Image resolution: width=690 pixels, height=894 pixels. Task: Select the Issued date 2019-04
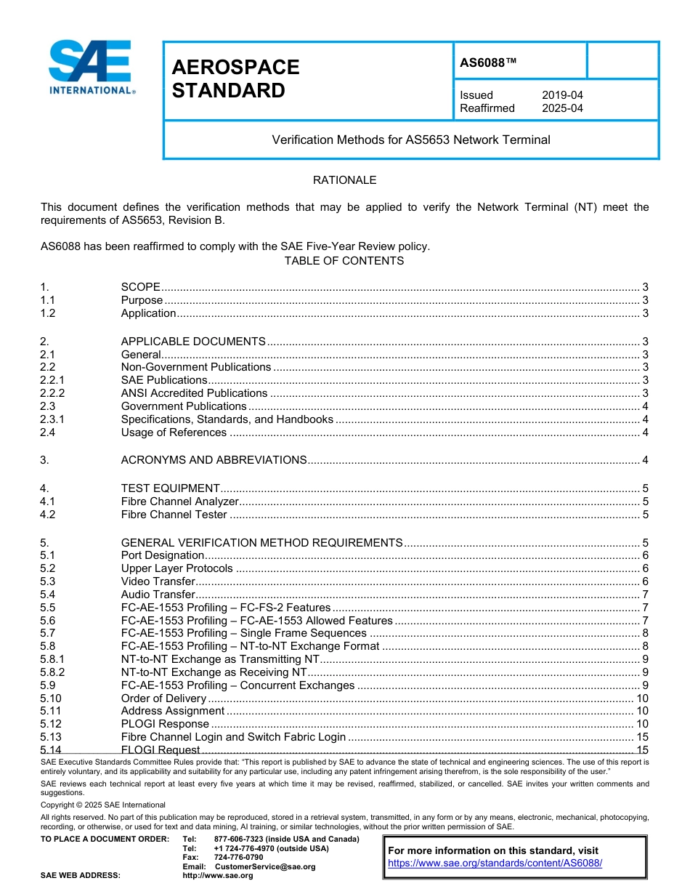pyautogui.click(x=562, y=95)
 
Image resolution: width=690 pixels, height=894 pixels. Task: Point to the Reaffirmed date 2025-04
pyautogui.click(x=562, y=108)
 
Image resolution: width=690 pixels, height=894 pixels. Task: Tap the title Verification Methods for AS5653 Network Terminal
pyautogui.click(x=411, y=140)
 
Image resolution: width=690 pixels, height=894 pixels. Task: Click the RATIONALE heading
pyautogui.click(x=344, y=180)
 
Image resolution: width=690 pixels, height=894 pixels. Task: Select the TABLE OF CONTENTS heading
pyautogui.click(x=344, y=261)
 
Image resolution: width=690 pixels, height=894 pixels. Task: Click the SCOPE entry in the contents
pyautogui.click(x=140, y=287)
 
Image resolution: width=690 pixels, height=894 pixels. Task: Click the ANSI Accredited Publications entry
pyautogui.click(x=194, y=393)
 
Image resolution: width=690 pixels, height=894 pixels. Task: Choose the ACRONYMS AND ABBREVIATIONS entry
pyautogui.click(x=214, y=460)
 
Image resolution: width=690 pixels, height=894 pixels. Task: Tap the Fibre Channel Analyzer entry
pyautogui.click(x=179, y=502)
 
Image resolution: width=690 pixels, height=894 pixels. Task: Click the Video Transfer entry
pyautogui.click(x=158, y=581)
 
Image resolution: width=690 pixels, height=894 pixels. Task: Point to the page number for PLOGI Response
pyautogui.click(x=642, y=724)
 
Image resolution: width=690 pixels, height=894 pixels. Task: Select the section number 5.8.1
pyautogui.click(x=52, y=659)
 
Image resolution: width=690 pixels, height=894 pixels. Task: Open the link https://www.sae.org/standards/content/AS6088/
pyautogui.click(x=495, y=863)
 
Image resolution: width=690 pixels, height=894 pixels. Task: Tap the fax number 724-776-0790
pyautogui.click(x=238, y=858)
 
